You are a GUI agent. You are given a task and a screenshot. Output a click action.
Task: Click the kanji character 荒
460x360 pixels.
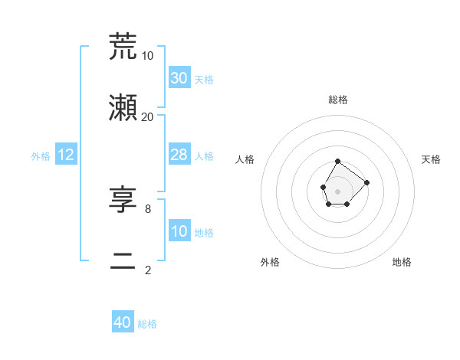pos(123,47)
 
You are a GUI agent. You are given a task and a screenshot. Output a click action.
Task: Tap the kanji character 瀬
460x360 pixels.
pos(123,109)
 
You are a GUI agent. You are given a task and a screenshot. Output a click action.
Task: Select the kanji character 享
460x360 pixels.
pos(123,201)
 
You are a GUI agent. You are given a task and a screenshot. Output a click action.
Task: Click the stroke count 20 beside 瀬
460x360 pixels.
pos(147,116)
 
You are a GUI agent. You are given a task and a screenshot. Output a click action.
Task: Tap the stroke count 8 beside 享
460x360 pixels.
pos(147,208)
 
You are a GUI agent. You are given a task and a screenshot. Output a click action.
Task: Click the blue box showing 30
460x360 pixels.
pos(179,78)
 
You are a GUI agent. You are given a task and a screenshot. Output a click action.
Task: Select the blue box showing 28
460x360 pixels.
pos(179,155)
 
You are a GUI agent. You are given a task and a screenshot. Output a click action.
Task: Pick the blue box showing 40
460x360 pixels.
pos(123,322)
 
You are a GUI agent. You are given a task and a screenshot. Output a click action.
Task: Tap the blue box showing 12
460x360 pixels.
pos(66,155)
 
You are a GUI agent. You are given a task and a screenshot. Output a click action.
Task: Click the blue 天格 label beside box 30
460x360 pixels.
pos(204,80)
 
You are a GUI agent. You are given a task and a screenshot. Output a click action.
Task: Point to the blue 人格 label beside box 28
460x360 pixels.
pos(204,156)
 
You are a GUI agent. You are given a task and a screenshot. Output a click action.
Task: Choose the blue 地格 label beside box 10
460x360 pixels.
pos(204,233)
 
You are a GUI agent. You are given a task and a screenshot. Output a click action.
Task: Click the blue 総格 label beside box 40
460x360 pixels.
pos(147,324)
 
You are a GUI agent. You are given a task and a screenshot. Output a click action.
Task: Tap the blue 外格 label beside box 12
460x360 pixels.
pos(41,156)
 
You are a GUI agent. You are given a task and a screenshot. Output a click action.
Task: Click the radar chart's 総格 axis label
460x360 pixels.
pos(338,100)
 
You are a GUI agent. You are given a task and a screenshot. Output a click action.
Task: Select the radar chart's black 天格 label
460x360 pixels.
pos(431,159)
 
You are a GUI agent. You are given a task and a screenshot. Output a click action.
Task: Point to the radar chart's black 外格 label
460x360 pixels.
pos(270,262)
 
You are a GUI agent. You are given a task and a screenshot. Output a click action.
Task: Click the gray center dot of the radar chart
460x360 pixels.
pos(338,190)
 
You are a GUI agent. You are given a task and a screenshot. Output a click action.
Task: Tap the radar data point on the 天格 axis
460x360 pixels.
pos(367,182)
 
